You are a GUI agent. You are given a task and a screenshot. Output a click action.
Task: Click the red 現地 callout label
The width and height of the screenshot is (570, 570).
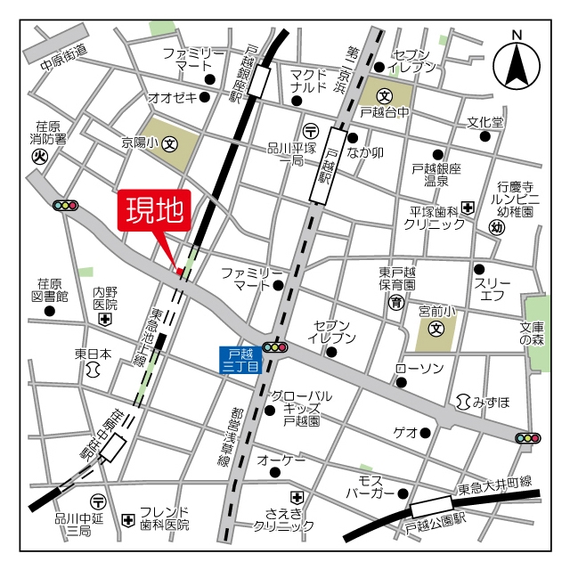[153, 212]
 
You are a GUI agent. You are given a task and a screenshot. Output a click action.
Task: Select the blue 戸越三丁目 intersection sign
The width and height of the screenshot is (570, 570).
[240, 360]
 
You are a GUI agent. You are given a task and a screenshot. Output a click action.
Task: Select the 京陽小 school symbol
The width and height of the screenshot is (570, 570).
[169, 142]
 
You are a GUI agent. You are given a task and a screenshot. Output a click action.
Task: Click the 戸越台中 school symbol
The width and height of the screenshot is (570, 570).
[384, 94]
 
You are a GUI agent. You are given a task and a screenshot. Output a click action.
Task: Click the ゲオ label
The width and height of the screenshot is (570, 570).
[406, 433]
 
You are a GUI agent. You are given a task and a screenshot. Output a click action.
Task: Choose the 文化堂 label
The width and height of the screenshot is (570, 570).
[485, 122]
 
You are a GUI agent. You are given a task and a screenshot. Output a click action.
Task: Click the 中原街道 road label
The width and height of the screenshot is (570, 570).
[64, 58]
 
